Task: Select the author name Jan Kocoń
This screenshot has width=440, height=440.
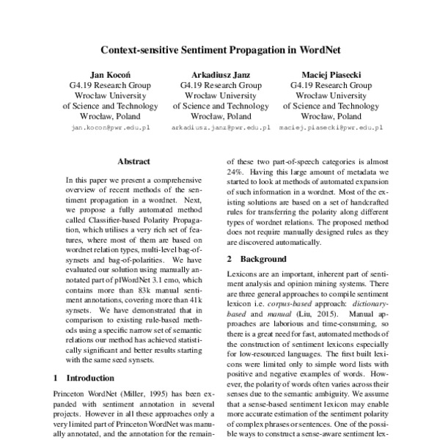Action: coord(109,74)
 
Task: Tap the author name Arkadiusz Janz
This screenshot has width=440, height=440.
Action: coord(221,74)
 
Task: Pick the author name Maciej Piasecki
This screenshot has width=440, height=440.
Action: coord(331,74)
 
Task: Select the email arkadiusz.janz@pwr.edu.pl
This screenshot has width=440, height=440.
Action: coord(221,127)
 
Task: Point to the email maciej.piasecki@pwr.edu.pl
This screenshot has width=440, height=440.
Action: coord(331,127)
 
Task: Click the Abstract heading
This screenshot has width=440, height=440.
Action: coord(133,161)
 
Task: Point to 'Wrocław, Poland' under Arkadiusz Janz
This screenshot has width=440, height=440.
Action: coord(221,116)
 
